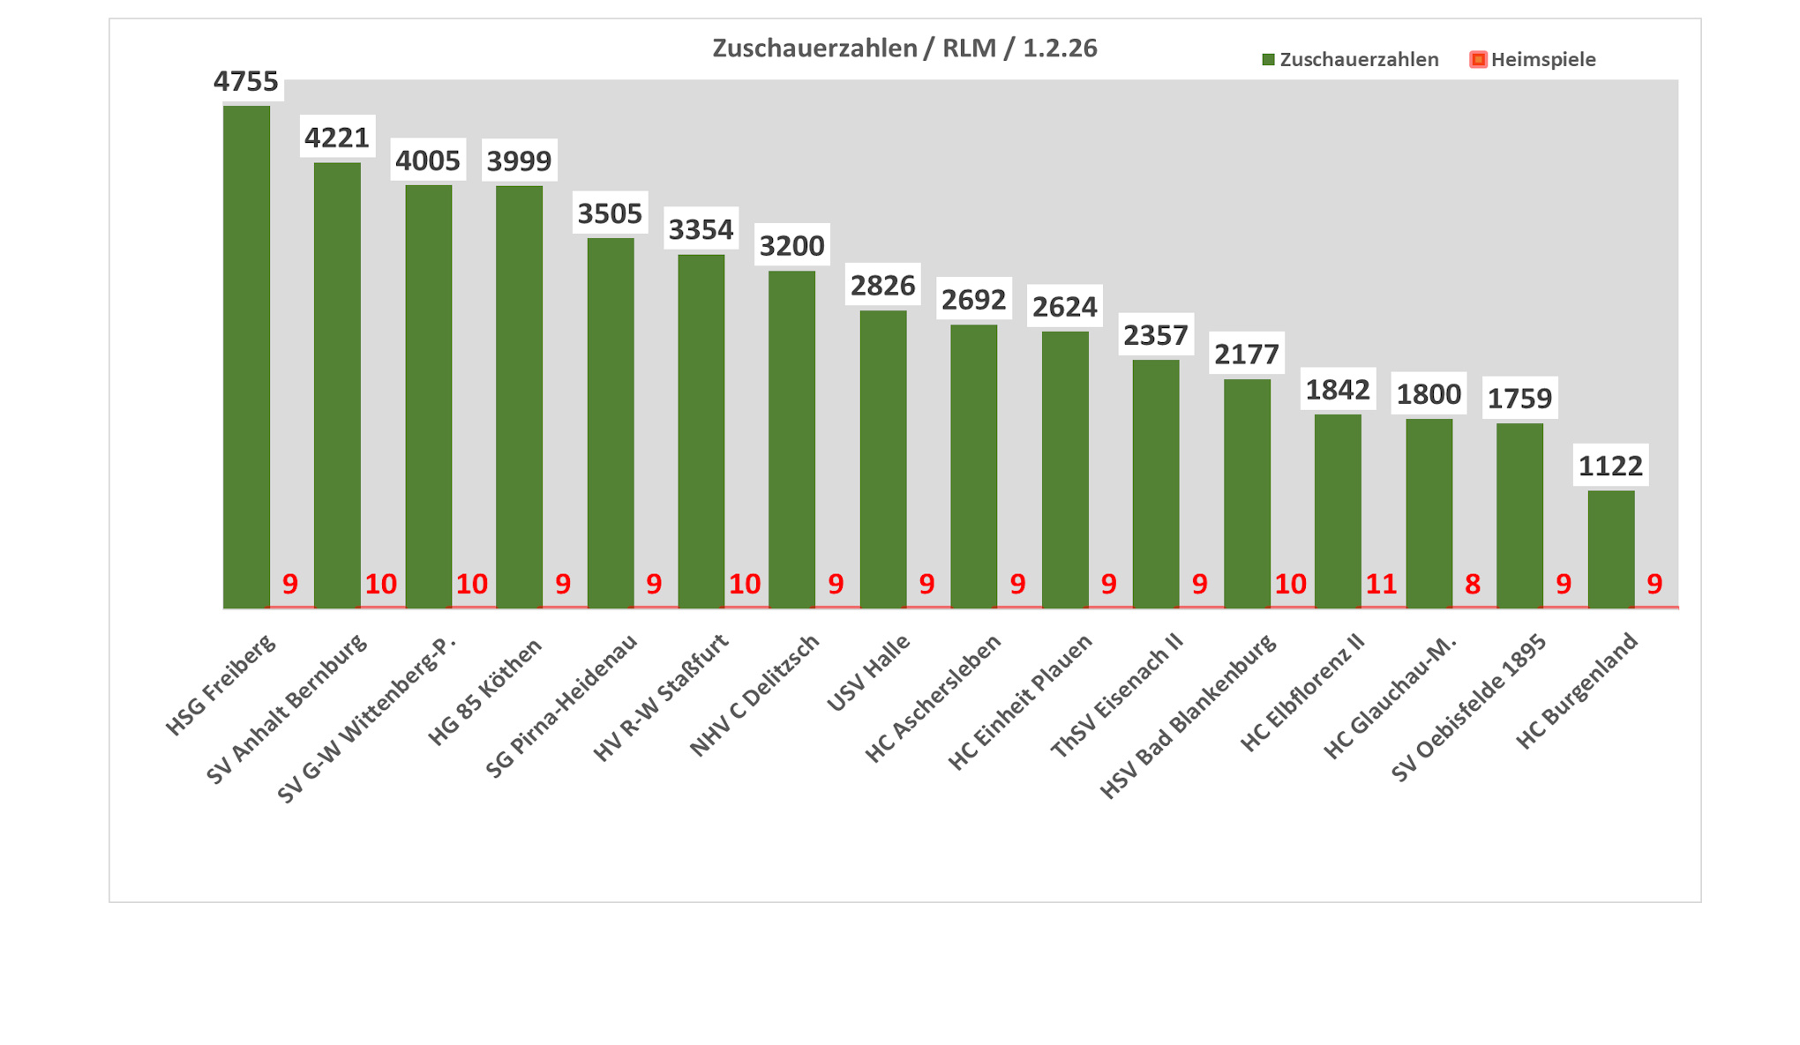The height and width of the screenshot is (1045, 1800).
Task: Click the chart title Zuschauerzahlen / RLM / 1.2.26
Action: point(904,48)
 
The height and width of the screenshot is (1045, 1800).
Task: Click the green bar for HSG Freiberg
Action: point(246,357)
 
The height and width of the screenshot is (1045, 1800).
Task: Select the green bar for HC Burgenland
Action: point(1610,549)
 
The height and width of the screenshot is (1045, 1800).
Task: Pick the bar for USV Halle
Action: point(882,459)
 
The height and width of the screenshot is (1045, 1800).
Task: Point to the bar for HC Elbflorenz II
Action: point(1338,511)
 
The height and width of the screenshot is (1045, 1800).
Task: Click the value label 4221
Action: point(337,138)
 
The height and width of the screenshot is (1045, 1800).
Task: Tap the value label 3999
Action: point(519,160)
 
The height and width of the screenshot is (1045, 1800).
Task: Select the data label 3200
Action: point(791,245)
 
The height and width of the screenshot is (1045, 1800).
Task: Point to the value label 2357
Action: point(1156,335)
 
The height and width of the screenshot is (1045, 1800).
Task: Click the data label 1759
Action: point(1519,399)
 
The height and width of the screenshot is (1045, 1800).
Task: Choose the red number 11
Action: point(1381,584)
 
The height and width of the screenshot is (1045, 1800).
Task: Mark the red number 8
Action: point(1473,584)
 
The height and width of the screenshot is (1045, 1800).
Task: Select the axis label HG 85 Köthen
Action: point(485,692)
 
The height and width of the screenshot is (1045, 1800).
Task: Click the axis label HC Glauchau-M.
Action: point(1390,697)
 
